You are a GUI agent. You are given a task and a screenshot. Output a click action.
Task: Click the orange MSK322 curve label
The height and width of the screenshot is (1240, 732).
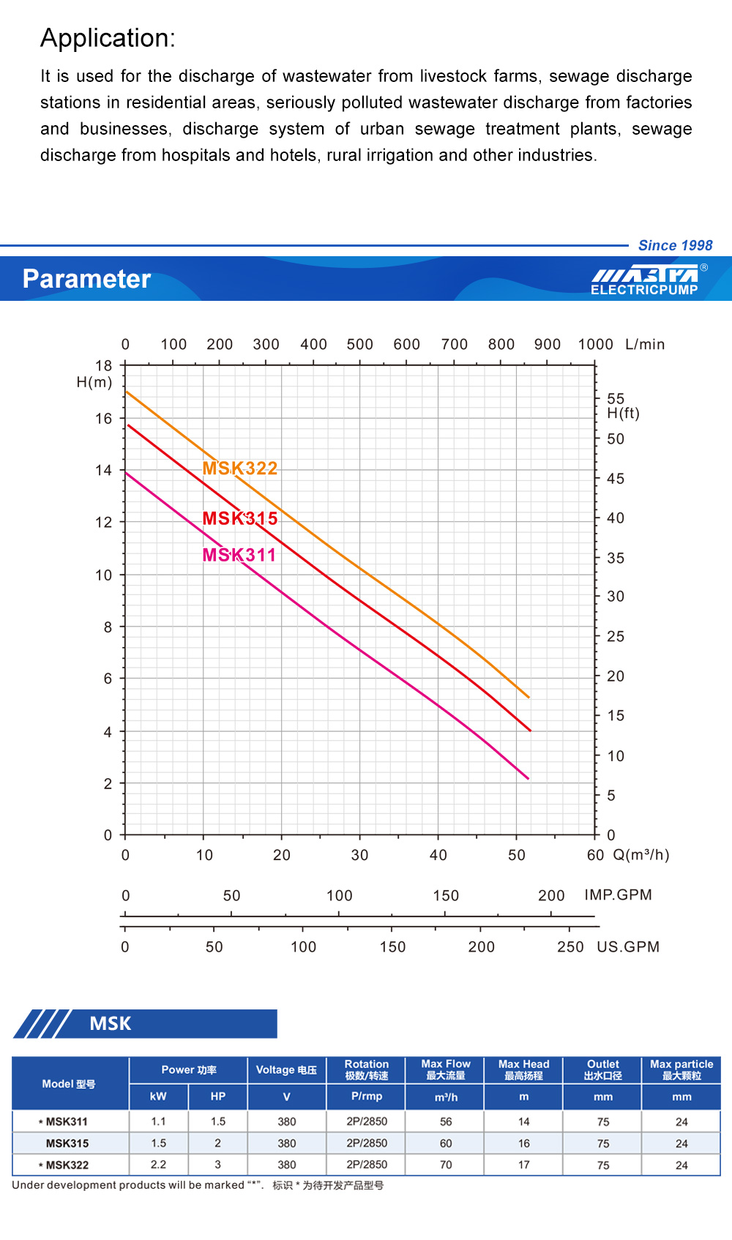point(240,468)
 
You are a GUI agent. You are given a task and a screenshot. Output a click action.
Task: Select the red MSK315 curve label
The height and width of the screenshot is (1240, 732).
point(240,518)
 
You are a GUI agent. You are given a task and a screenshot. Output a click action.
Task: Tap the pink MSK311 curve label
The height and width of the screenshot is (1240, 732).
point(239,555)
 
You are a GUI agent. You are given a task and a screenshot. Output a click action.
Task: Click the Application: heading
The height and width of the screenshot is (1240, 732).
point(108,38)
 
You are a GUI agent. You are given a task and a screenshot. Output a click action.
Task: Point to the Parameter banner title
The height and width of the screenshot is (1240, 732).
point(86,279)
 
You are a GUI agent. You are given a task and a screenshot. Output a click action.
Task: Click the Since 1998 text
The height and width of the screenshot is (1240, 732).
point(675,245)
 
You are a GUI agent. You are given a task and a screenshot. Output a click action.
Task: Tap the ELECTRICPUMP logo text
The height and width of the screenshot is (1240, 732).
point(644,290)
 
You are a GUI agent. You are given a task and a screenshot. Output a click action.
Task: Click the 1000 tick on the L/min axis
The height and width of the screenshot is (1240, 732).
point(595,344)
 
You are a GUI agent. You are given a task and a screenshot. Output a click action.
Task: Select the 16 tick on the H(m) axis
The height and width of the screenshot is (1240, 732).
point(104,419)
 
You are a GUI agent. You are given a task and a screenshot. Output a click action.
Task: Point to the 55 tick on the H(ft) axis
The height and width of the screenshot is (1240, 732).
point(616,398)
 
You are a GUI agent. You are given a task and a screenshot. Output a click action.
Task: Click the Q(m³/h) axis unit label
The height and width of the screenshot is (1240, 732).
point(641,855)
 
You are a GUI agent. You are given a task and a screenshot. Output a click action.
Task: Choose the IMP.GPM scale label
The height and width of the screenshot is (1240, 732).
point(618,894)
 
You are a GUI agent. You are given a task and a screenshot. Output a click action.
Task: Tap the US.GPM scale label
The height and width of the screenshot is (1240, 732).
point(628,946)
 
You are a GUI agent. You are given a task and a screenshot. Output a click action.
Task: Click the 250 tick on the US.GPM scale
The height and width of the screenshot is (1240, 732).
point(570,946)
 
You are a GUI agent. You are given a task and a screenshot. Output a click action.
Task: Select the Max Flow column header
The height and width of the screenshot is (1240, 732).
point(446,1069)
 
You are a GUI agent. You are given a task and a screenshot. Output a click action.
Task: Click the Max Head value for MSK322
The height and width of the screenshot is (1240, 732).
point(524,1165)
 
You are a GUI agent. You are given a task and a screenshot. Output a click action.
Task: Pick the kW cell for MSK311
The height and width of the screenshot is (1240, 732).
point(158,1121)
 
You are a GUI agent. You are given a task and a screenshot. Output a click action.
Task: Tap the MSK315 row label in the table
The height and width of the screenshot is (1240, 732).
point(67,1143)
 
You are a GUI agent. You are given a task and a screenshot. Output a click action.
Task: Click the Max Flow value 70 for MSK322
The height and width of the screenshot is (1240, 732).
point(446,1165)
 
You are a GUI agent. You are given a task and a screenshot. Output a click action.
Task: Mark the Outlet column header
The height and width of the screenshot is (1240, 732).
point(602,1069)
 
